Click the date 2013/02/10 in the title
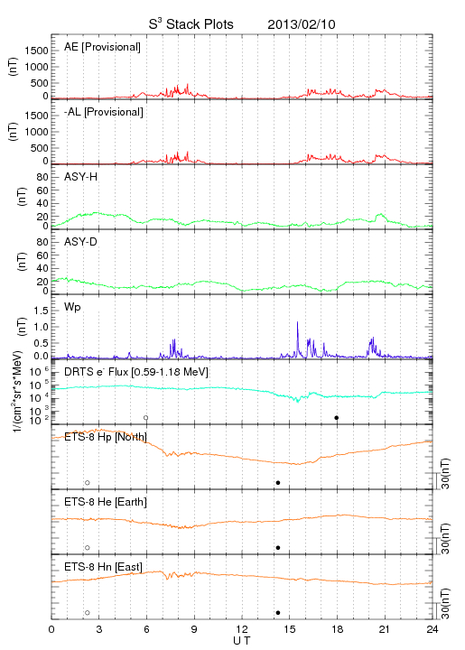302,24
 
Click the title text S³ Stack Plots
191,24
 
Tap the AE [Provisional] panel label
102,47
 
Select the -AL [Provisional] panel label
104,112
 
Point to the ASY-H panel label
81,177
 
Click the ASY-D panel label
81,242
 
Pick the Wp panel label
72,307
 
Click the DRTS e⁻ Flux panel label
136,372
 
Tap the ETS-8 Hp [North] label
106,437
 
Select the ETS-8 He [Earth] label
106,502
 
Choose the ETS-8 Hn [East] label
103,567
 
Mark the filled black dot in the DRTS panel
337,418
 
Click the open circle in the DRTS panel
146,418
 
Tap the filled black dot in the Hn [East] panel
278,613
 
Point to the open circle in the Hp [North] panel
88,483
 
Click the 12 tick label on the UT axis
242,629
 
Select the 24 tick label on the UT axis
432,629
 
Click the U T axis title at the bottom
242,641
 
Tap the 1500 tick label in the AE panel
37,51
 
